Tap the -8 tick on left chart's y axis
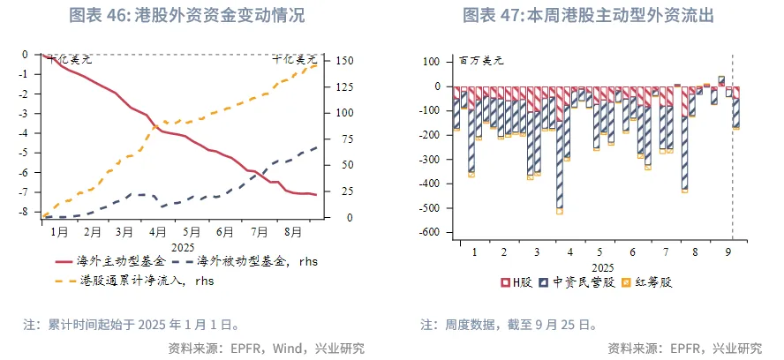[x=26, y=212]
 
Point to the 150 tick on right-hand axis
[x=343, y=61]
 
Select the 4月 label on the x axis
[x=158, y=232]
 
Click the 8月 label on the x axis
[x=291, y=232]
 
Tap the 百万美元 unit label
[x=480, y=61]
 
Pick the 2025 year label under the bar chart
[x=602, y=266]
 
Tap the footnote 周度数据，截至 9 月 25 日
[x=520, y=324]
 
